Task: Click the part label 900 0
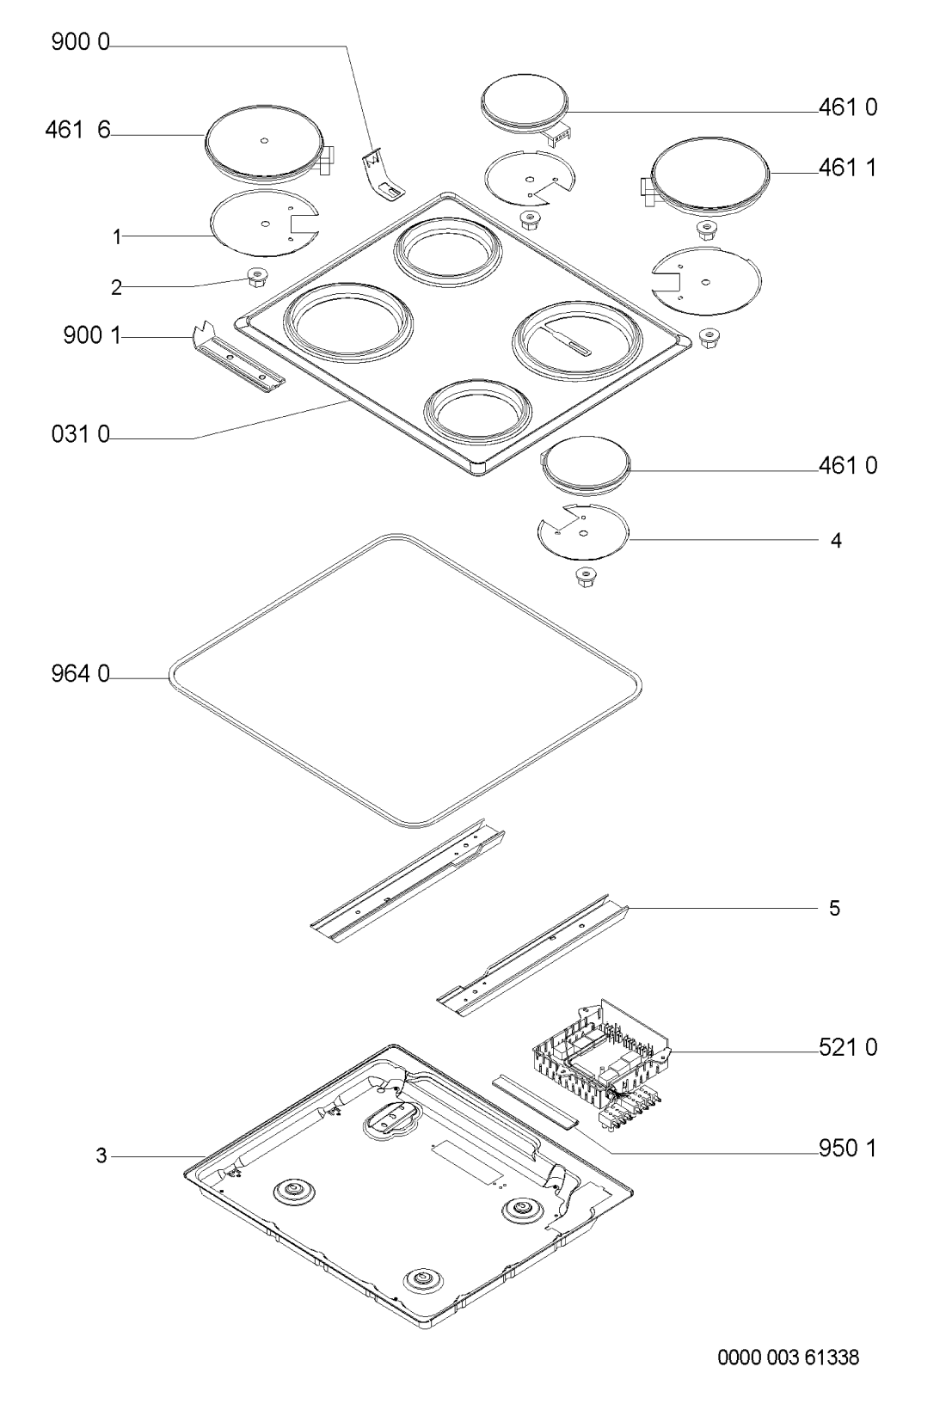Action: tap(80, 43)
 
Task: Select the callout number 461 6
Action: tap(77, 130)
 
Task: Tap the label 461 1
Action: tap(848, 169)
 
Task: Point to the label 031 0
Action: tap(80, 435)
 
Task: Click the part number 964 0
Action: tap(80, 675)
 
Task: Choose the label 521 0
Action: tap(848, 1048)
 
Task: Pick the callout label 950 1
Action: tap(848, 1148)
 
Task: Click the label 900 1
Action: tap(92, 335)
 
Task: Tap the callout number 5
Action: tap(835, 909)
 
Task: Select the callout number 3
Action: tap(101, 1156)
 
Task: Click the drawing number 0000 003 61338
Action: tap(788, 1357)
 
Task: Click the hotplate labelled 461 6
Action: tap(269, 148)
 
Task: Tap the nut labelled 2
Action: tap(256, 277)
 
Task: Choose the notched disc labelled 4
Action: tap(583, 531)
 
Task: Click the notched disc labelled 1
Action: tap(264, 224)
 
